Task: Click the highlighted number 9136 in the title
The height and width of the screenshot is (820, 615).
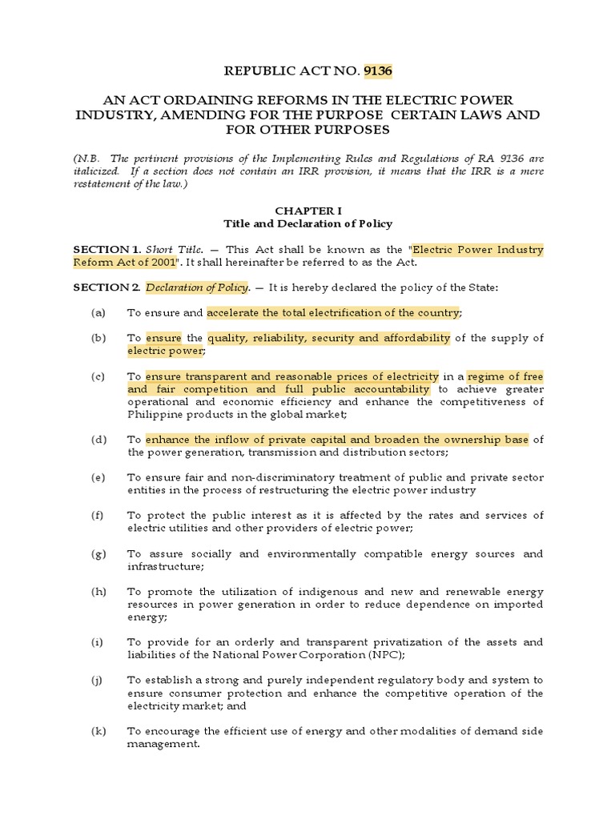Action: tap(378, 72)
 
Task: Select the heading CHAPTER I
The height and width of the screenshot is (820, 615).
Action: tap(307, 211)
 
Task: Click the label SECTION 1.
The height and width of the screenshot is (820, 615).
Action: tap(107, 250)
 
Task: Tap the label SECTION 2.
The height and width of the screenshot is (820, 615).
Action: tap(107, 287)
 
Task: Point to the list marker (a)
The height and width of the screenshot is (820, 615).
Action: tap(98, 313)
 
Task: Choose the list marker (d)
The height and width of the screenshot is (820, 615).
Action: tap(98, 440)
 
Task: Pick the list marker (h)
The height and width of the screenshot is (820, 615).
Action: tap(98, 592)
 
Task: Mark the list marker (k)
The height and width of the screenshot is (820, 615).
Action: tap(98, 731)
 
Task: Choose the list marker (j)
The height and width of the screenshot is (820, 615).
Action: tap(98, 681)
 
